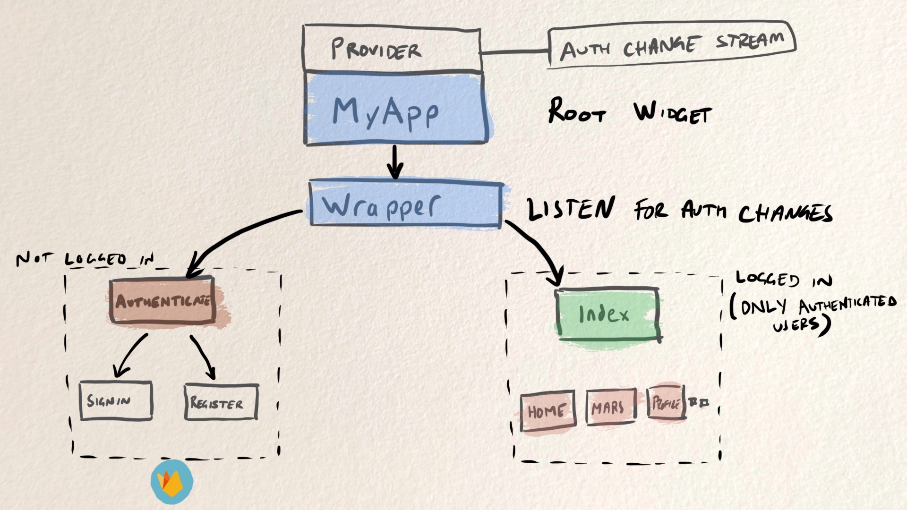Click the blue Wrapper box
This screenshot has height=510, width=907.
pos(405,204)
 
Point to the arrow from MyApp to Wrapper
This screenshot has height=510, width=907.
pos(395,162)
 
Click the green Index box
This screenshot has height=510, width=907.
pos(607,314)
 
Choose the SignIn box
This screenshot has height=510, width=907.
pos(116,401)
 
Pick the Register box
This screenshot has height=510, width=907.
pos(221,402)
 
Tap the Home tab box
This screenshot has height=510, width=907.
pos(548,410)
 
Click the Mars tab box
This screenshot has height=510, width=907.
pos(610,407)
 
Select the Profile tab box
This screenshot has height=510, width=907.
pos(666,403)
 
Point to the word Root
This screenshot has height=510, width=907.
pos(576,111)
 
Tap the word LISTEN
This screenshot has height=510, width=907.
pos(571,208)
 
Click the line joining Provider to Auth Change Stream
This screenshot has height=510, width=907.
pos(514,51)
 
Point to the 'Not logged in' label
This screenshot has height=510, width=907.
pos(85,259)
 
